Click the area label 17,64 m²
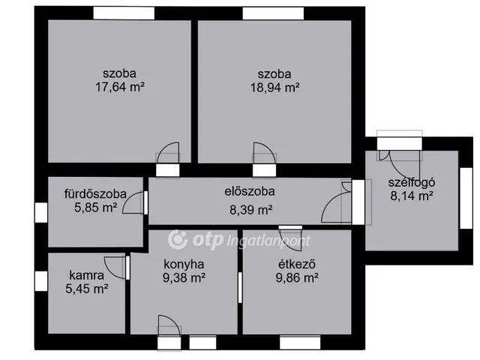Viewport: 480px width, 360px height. point(120,87)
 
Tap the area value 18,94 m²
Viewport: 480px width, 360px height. point(274,87)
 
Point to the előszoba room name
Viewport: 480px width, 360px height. point(250,190)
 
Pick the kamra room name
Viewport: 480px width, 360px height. point(86,274)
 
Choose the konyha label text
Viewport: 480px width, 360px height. point(184,264)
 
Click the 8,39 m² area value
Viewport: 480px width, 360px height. point(250,210)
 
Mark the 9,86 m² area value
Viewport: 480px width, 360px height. point(297,277)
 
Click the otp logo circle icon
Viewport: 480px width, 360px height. point(178,239)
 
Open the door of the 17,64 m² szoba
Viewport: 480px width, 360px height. point(169,154)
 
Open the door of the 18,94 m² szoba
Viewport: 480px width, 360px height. point(265,154)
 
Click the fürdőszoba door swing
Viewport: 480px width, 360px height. point(134,202)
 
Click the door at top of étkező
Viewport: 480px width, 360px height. point(289,233)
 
